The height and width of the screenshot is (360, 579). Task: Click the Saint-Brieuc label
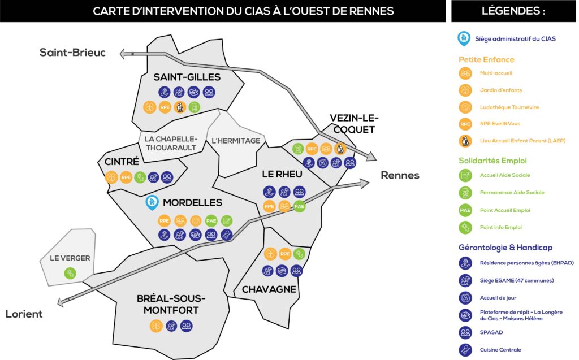(x=72, y=53)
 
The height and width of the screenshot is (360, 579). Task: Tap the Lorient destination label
(x=24, y=314)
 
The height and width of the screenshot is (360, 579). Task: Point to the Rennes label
(x=400, y=175)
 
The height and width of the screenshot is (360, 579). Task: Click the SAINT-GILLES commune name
(x=187, y=77)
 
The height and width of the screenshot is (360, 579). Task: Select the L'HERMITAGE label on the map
(x=236, y=141)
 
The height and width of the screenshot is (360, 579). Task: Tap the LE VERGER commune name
(x=70, y=258)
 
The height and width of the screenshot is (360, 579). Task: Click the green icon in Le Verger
(x=70, y=273)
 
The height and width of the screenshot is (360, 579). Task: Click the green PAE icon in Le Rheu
(x=299, y=206)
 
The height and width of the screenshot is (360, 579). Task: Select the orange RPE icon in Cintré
(x=126, y=177)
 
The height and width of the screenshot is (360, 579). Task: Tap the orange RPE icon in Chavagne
(x=285, y=254)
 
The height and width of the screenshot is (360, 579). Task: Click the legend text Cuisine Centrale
(x=500, y=350)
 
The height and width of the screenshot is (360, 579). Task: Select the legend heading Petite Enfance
(x=486, y=59)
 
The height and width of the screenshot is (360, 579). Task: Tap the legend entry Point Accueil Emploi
(x=505, y=210)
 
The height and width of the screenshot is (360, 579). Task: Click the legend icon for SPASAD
(x=465, y=332)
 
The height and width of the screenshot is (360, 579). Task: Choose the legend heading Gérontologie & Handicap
(x=505, y=248)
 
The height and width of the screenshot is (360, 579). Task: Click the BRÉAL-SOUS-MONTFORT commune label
(x=171, y=304)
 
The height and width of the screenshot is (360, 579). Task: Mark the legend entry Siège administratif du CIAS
(x=515, y=39)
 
